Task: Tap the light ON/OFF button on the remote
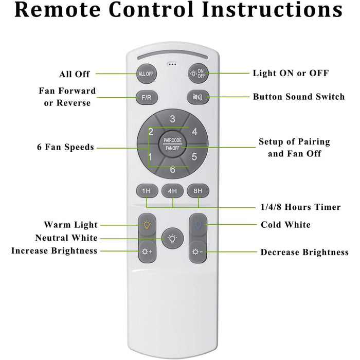198,74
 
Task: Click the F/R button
147,98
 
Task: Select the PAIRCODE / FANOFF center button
172,145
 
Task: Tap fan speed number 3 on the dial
173,119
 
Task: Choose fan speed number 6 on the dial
173,170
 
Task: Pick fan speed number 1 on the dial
150,157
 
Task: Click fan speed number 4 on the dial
195,132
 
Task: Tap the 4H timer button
172,191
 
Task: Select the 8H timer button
198,191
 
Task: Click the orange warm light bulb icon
147,225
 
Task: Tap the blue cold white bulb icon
198,224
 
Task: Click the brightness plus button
147,251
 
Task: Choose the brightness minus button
197,252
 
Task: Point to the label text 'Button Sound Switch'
299,97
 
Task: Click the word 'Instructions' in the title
273,10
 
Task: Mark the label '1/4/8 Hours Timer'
300,207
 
